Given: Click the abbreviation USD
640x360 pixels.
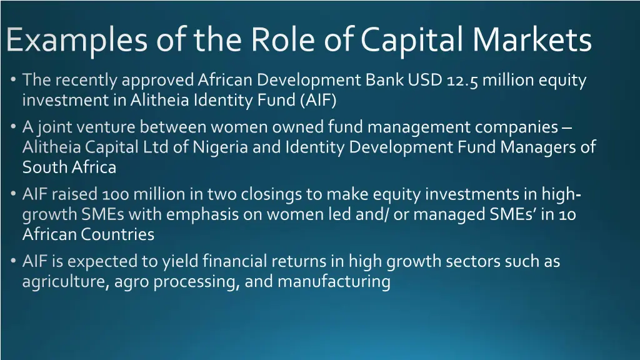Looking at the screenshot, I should point(425,81).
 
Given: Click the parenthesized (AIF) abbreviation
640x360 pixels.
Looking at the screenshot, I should point(318,100).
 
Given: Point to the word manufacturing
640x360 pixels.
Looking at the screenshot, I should point(334,282).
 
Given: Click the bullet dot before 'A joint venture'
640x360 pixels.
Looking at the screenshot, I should point(14,127).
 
